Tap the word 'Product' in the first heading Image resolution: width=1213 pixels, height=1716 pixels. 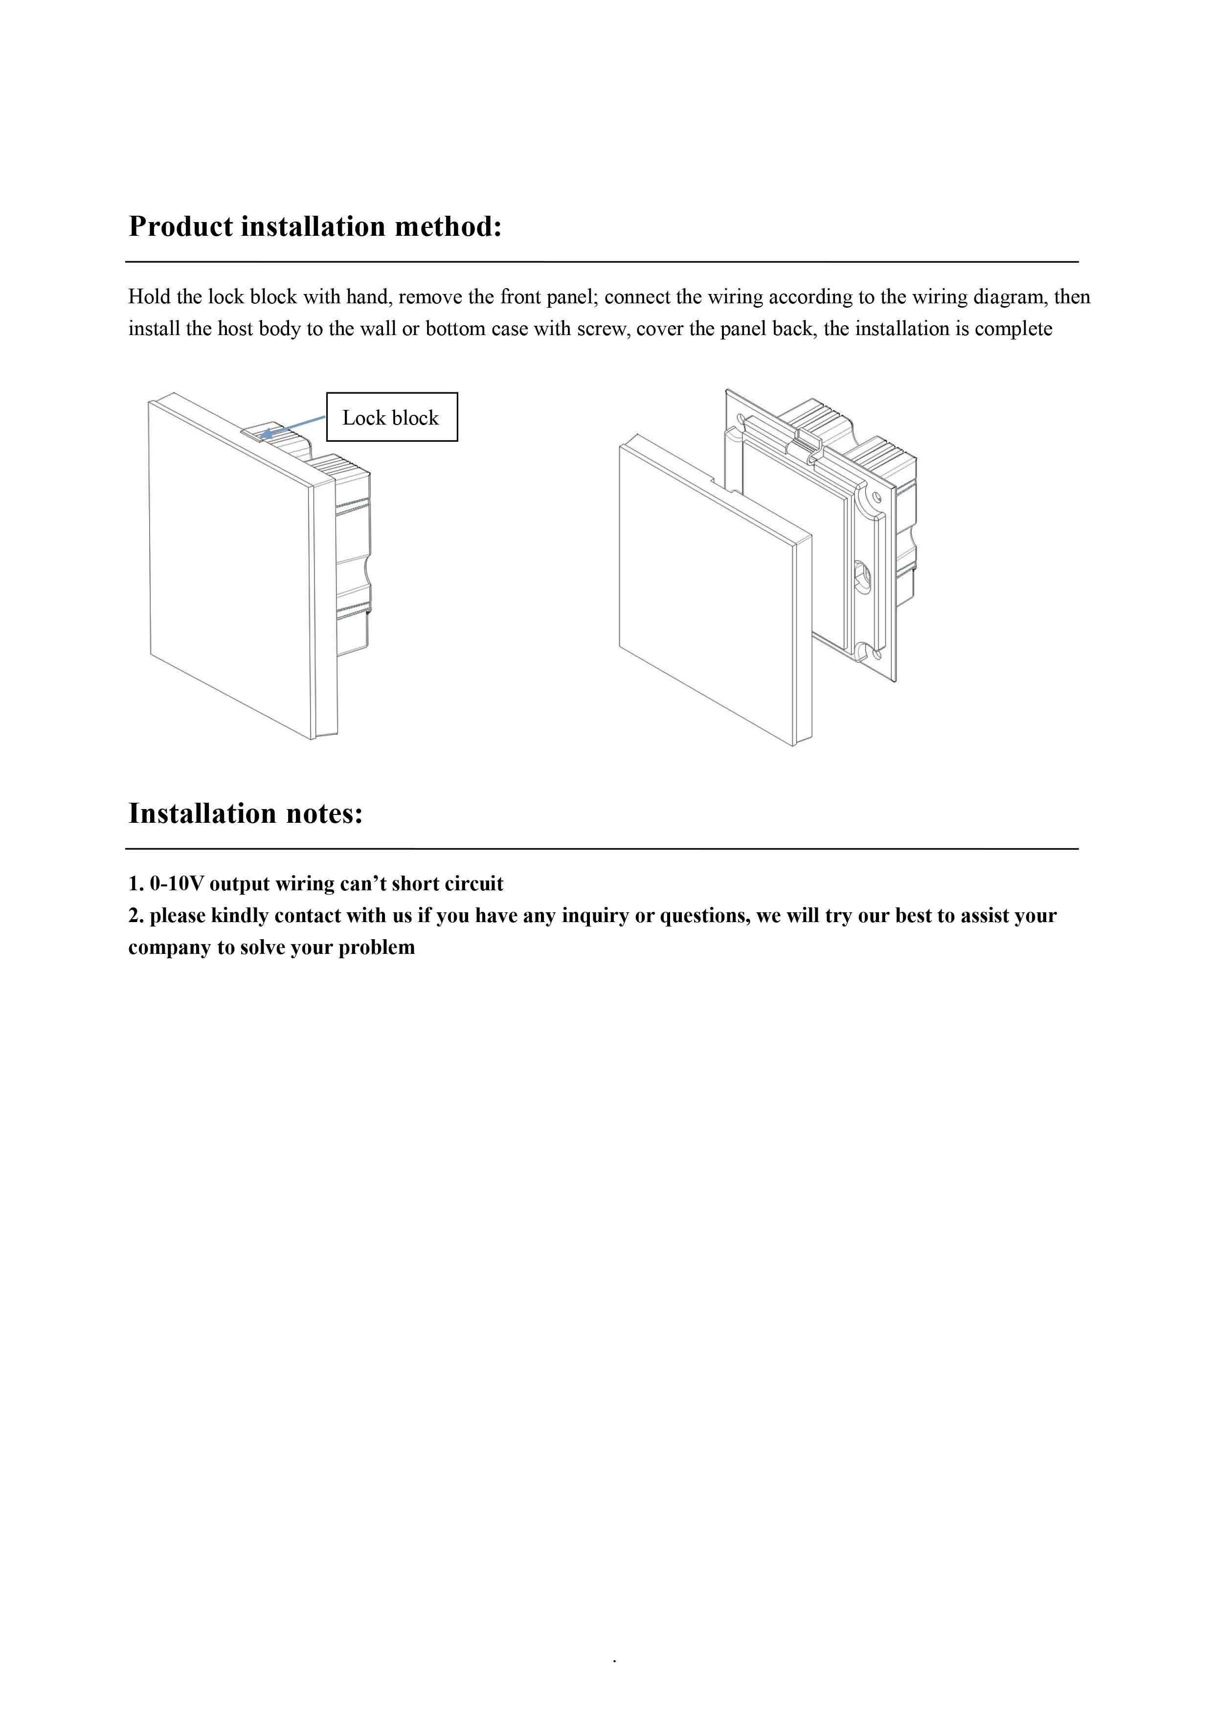pos(181,226)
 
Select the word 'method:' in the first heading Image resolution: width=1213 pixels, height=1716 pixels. pos(449,226)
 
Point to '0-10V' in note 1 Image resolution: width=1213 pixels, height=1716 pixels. pos(177,883)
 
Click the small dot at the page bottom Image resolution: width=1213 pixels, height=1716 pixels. pos(614,1660)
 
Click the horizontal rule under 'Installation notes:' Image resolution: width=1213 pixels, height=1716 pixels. pos(602,849)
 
